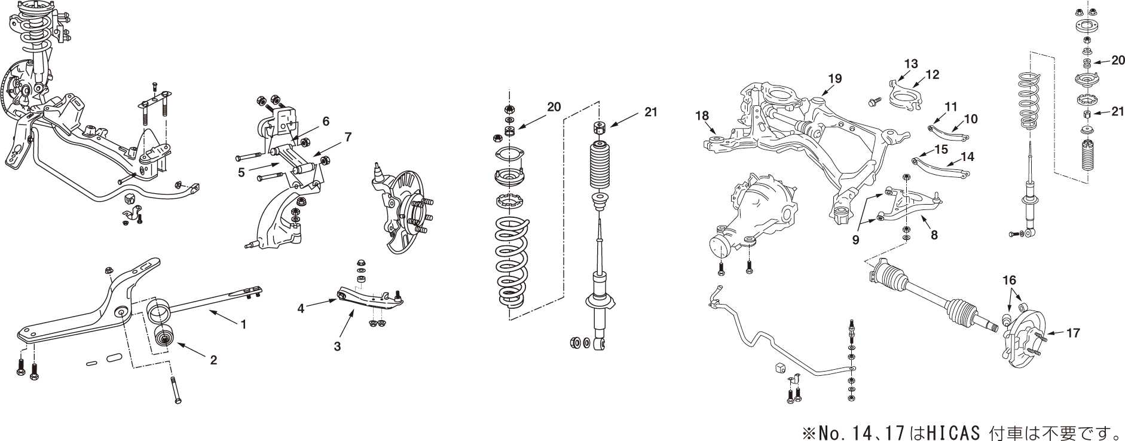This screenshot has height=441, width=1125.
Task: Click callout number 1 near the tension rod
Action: (243, 325)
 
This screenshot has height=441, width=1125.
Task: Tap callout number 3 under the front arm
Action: (337, 346)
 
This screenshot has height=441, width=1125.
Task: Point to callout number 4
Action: (301, 309)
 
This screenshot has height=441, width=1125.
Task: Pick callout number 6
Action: (326, 121)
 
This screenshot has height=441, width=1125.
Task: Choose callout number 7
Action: (348, 137)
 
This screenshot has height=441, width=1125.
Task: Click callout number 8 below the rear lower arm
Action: (934, 235)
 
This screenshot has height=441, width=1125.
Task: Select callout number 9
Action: (856, 240)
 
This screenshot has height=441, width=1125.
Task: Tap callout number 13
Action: (910, 63)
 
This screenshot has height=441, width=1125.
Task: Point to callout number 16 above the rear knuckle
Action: (1009, 280)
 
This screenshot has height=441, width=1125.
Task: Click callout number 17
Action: (1073, 333)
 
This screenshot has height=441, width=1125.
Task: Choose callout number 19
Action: (835, 78)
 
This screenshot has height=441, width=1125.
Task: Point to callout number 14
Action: (967, 157)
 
